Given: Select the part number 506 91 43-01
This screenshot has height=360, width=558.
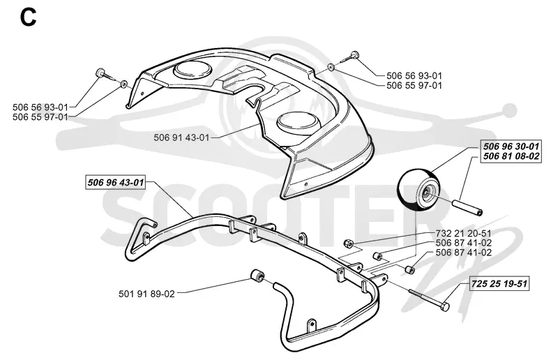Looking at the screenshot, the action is [181, 137].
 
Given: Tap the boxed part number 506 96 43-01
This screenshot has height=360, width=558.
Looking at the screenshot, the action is [116, 183].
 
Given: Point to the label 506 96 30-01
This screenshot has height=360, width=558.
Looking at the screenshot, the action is [511, 147].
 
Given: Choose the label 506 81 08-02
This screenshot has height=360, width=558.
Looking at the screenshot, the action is [511, 156].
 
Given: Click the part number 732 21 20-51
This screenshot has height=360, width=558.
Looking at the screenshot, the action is [464, 234].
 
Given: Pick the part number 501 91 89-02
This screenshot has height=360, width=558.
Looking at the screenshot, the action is [146, 294].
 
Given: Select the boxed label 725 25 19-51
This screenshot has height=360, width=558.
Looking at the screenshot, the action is [499, 284].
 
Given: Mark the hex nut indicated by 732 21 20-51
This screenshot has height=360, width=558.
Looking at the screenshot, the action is [348, 244].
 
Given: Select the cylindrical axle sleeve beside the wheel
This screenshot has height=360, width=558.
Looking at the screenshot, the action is [467, 208].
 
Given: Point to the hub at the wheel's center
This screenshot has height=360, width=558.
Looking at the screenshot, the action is [425, 193].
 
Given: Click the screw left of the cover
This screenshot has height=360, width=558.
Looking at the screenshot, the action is [105, 75].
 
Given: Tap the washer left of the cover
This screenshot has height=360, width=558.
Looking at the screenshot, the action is [124, 84].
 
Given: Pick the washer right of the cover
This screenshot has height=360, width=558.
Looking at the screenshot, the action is [331, 66].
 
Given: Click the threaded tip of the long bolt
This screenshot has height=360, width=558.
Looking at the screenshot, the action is [412, 291].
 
